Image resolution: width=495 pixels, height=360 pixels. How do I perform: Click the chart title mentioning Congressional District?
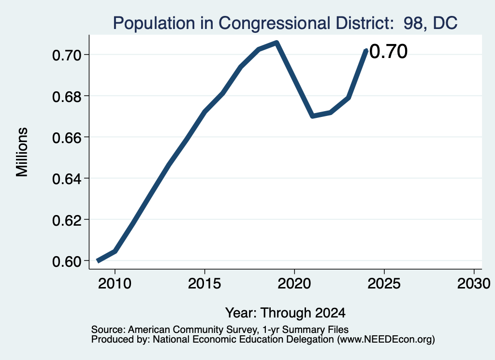[285, 23]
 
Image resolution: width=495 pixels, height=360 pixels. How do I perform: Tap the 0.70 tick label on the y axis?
[67, 55]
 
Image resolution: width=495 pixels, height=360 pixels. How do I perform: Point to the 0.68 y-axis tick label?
[67, 96]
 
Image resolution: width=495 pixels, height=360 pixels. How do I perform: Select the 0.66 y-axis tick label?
[67, 138]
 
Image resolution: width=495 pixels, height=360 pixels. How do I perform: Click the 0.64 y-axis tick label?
[67, 179]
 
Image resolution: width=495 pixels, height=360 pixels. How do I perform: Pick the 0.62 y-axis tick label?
[67, 220]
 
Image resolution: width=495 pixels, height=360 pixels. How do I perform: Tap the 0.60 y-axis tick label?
[67, 261]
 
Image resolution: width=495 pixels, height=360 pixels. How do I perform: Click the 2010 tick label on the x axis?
[115, 283]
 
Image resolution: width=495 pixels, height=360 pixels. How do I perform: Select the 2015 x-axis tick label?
[204, 283]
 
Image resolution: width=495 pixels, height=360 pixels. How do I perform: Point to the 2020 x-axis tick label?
[294, 283]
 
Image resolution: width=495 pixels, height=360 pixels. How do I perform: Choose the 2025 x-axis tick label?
[384, 283]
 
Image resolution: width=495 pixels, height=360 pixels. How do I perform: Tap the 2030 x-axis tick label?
[474, 283]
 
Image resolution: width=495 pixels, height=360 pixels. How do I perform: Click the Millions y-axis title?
[22, 152]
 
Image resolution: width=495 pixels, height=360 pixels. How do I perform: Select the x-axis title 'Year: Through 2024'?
[285, 313]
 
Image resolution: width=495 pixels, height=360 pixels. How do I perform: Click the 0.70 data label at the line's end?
[388, 51]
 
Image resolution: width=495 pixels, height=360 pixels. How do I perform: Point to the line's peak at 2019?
[277, 43]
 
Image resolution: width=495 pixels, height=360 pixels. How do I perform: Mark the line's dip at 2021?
[312, 116]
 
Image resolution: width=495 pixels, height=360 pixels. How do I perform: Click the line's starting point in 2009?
[98, 260]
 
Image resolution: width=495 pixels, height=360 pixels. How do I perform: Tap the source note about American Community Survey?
[220, 330]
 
